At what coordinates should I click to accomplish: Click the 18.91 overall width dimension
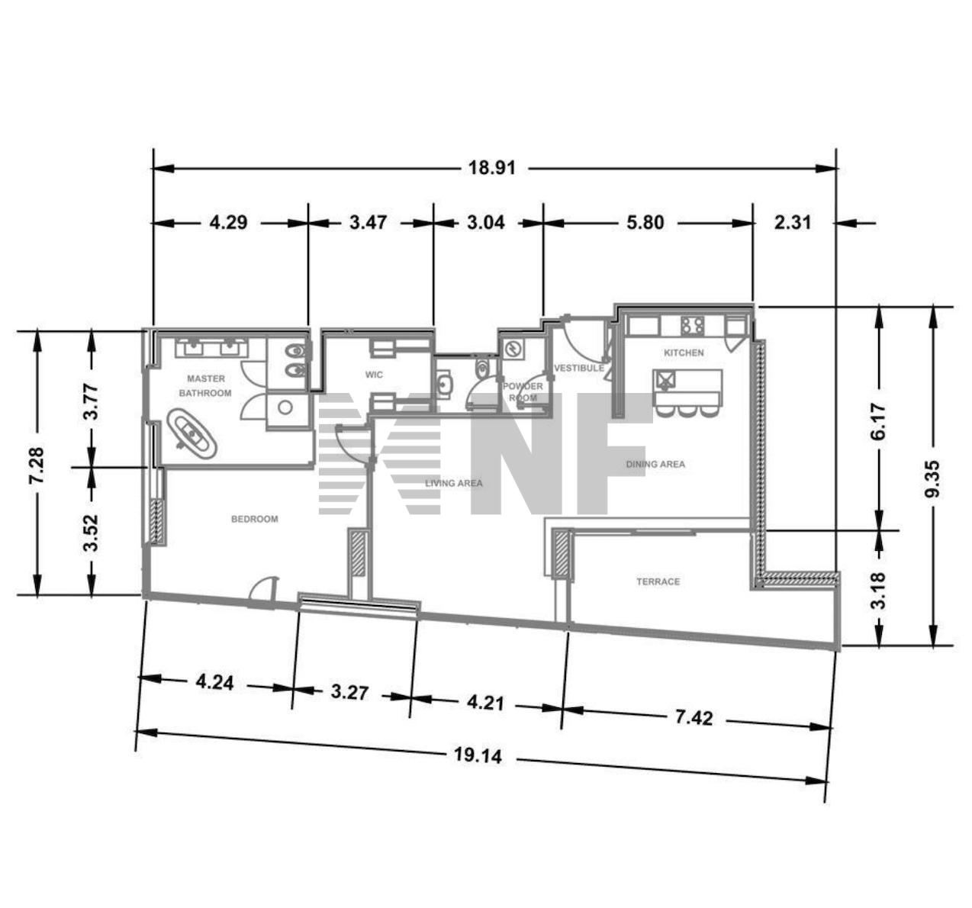pyautogui.click(x=492, y=169)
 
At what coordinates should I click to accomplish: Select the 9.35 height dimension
pyautogui.click(x=933, y=478)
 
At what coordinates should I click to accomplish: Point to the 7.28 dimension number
pyautogui.click(x=37, y=465)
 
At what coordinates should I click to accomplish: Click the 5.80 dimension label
pyautogui.click(x=645, y=223)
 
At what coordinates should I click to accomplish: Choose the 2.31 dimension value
pyautogui.click(x=793, y=223)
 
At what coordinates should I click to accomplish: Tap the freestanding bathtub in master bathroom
pyautogui.click(x=192, y=433)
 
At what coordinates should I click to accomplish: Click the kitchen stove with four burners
pyautogui.click(x=693, y=325)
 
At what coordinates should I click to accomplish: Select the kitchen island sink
pyautogui.click(x=665, y=379)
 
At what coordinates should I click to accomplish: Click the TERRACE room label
pyautogui.click(x=658, y=581)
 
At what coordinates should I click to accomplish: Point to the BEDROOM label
pyautogui.click(x=255, y=519)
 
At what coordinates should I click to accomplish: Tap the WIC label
pyautogui.click(x=374, y=375)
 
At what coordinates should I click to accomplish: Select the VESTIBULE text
pyautogui.click(x=579, y=368)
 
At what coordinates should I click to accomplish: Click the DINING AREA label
pyautogui.click(x=655, y=464)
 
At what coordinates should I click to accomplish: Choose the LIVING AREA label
pyautogui.click(x=454, y=483)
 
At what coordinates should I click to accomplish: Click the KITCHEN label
pyautogui.click(x=684, y=353)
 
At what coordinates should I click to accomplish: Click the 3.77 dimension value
pyautogui.click(x=92, y=401)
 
